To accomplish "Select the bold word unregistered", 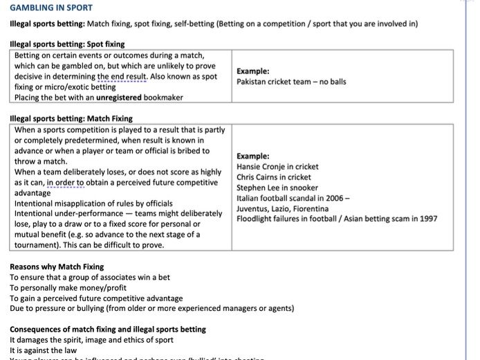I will (x=119, y=98).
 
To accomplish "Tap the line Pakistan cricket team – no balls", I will (x=291, y=82).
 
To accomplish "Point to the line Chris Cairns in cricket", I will (x=274, y=177).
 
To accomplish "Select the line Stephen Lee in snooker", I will (x=277, y=188).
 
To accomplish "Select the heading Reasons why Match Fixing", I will (x=57, y=267).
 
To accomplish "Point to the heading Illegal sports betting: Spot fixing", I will (x=67, y=44).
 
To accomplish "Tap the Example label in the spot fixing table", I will (x=252, y=71).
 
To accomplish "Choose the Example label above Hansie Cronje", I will (x=252, y=156).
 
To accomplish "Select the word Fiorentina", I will (x=308, y=208).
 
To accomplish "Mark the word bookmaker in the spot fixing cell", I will (x=163, y=98).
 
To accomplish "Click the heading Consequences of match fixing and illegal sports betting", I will (x=107, y=329).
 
